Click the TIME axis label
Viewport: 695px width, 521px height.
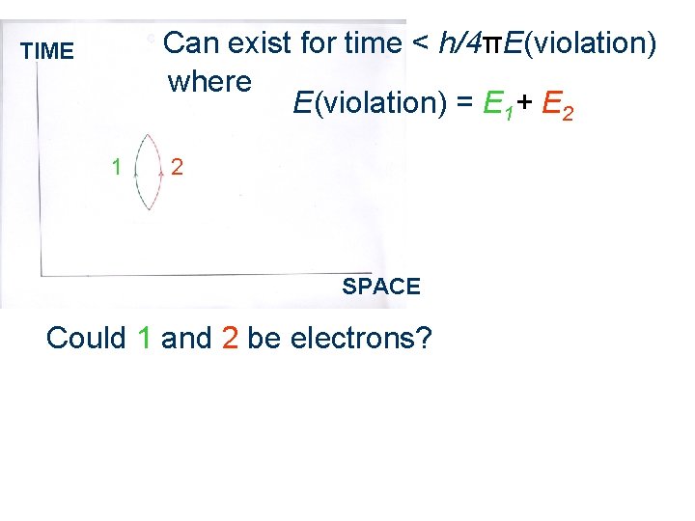click(46, 51)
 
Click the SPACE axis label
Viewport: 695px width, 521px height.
click(381, 287)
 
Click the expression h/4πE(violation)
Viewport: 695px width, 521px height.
click(548, 43)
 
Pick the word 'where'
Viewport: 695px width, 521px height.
click(209, 82)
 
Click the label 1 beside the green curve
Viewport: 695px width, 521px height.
click(116, 167)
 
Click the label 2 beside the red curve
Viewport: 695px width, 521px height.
click(177, 167)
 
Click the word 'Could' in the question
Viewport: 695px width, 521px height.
click(86, 339)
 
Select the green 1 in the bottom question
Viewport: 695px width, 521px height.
click(145, 339)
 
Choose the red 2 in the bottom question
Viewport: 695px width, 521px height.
click(230, 339)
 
